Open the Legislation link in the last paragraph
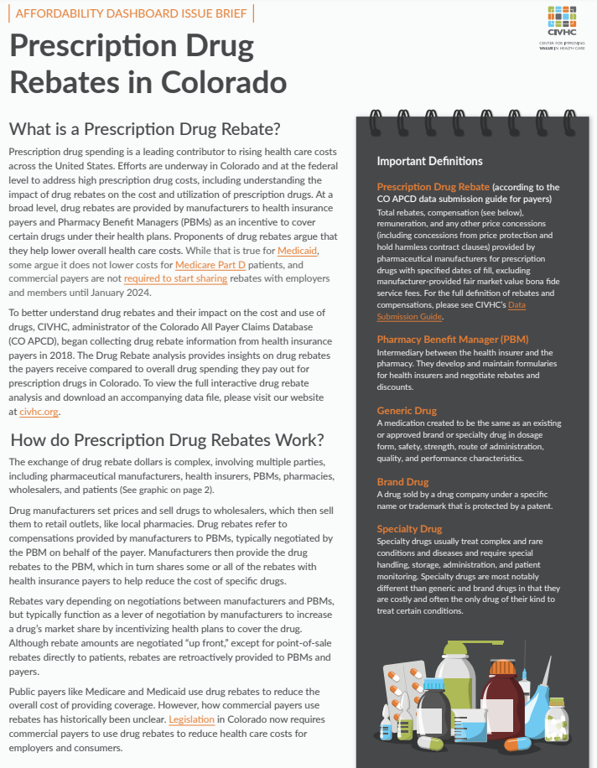pyautogui.click(x=191, y=719)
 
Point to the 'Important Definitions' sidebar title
pyautogui.click(x=429, y=161)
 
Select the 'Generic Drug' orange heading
pyautogui.click(x=407, y=411)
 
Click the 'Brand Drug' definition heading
pyautogui.click(x=402, y=482)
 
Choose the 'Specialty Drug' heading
pyautogui.click(x=409, y=529)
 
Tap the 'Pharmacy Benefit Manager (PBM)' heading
pyautogui.click(x=452, y=340)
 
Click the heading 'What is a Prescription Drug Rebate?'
pyautogui.click(x=143, y=129)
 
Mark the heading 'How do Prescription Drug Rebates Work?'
pyautogui.click(x=166, y=440)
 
